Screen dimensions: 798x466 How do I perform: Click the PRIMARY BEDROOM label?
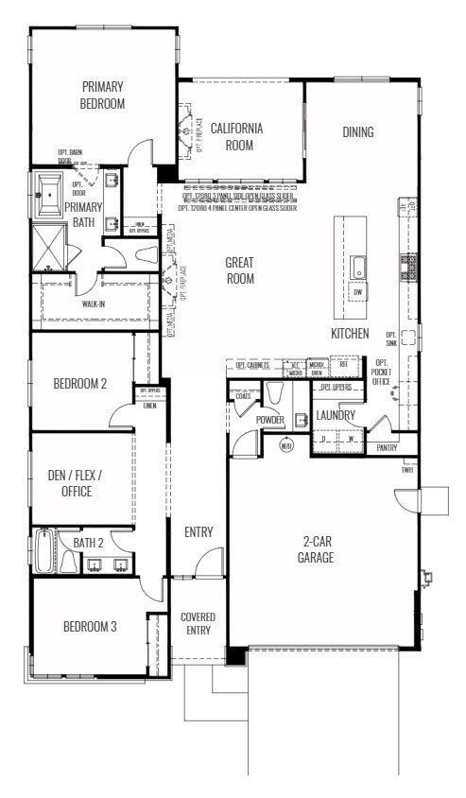tap(102, 95)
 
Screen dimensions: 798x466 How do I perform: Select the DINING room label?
tap(357, 132)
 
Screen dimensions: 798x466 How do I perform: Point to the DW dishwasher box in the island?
tap(357, 293)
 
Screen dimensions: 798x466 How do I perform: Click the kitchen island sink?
tap(358, 268)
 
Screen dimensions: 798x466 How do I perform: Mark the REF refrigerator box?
tap(343, 365)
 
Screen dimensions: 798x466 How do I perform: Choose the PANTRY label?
tap(387, 448)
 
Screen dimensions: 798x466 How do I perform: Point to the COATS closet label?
tap(243, 395)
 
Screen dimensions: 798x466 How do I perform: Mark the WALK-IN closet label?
tap(94, 305)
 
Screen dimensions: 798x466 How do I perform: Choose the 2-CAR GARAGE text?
tap(319, 549)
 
